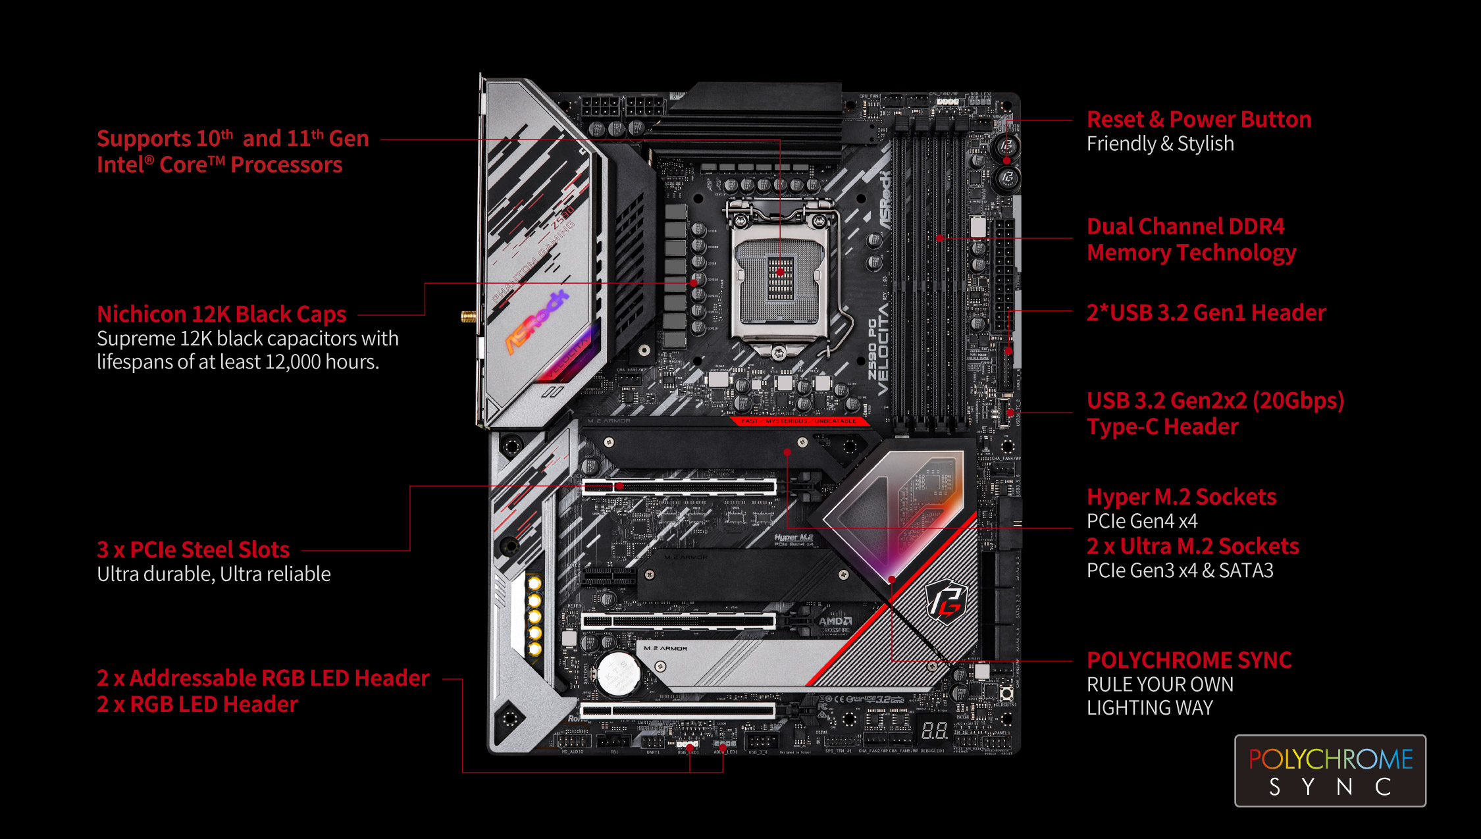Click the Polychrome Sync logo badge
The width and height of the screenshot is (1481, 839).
pyautogui.click(x=1330, y=771)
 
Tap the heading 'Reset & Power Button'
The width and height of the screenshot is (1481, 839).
pyautogui.click(x=1199, y=120)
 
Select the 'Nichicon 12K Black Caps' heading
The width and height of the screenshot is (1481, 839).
pyautogui.click(x=221, y=315)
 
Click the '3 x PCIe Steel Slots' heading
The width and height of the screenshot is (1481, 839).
pyautogui.click(x=193, y=549)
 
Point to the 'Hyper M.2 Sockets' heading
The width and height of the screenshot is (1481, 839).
pyautogui.click(x=1181, y=497)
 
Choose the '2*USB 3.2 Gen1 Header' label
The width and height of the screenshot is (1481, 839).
pyautogui.click(x=1206, y=313)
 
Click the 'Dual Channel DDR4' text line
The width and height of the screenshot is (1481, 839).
pyautogui.click(x=1185, y=226)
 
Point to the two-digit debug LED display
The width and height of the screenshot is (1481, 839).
pyautogui.click(x=933, y=730)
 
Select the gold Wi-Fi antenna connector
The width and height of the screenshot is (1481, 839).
pyautogui.click(x=469, y=317)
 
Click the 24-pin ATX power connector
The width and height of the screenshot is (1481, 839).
pyautogui.click(x=1003, y=276)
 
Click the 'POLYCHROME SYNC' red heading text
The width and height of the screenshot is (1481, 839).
pyautogui.click(x=1189, y=660)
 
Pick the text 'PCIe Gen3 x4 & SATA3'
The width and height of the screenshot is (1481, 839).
pyautogui.click(x=1180, y=571)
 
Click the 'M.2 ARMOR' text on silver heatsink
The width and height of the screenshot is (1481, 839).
pyautogui.click(x=665, y=649)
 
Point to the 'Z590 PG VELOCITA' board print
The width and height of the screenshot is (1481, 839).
pyautogui.click(x=878, y=349)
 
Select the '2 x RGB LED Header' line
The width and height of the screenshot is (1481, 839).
pyautogui.click(x=197, y=705)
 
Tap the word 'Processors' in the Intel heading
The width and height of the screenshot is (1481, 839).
pyautogui.click(x=286, y=165)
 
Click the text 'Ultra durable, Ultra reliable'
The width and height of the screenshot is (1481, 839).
pyautogui.click(x=214, y=574)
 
